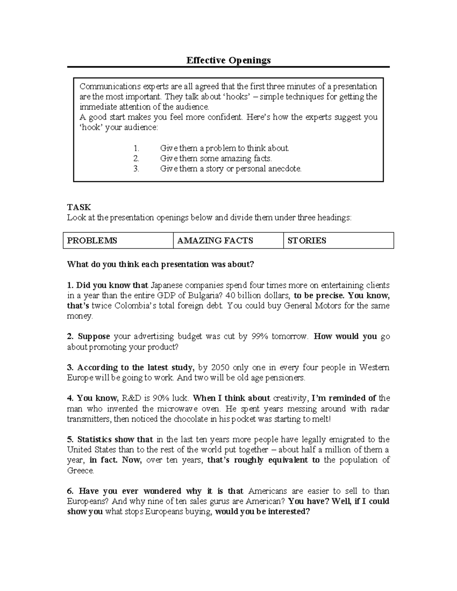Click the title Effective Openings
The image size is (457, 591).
tap(228, 60)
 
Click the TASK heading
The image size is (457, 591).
tap(79, 207)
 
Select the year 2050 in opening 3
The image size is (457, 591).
tap(220, 368)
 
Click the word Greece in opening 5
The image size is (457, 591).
tap(80, 471)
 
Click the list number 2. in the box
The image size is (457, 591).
tap(136, 158)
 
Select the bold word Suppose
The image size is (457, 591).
tap(94, 337)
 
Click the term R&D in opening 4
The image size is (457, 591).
tap(131, 398)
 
